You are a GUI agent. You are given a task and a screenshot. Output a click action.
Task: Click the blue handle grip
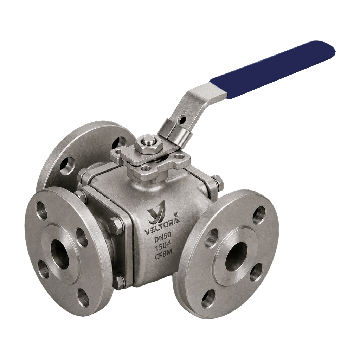(x=273, y=70)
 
